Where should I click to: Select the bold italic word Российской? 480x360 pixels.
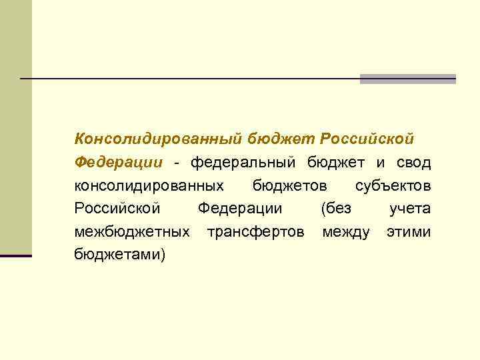367,139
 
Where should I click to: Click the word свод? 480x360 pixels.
413,162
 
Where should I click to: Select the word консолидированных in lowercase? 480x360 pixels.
149,185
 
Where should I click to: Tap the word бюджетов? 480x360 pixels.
290,185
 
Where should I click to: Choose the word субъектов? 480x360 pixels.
393,185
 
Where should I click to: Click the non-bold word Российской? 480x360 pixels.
117,209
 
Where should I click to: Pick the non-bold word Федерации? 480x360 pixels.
240,209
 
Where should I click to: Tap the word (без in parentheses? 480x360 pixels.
336,209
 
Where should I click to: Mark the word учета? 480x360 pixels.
410,209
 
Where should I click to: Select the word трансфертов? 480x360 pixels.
256,232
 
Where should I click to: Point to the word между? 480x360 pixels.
346,232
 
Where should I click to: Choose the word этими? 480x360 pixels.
409,232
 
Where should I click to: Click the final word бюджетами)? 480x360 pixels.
120,255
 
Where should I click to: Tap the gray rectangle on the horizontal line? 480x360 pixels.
407,79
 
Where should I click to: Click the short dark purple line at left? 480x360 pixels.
16,255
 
